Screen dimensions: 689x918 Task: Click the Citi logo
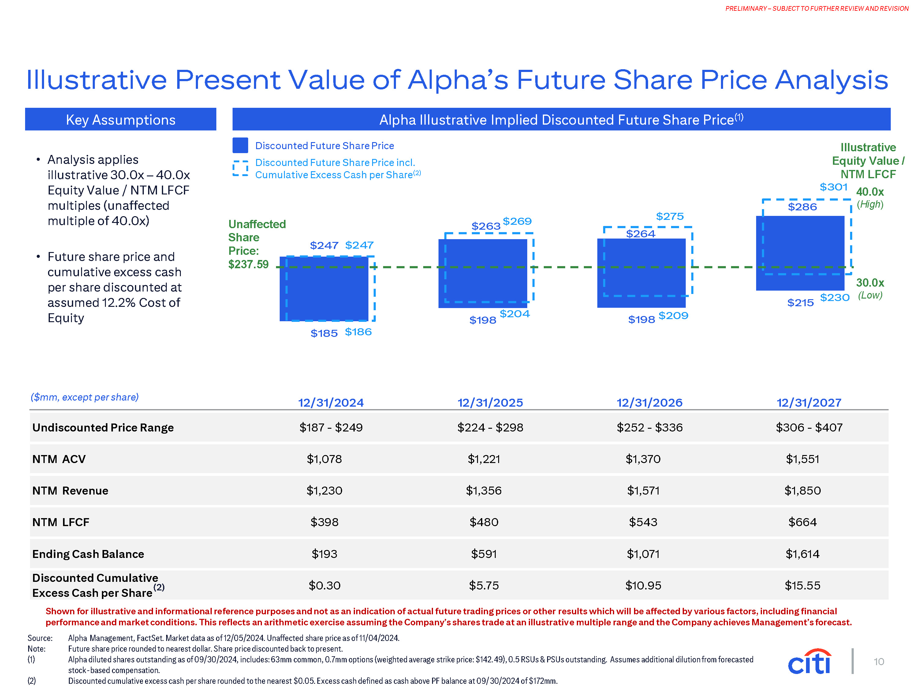coord(809,661)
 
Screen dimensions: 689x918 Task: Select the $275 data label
coord(670,216)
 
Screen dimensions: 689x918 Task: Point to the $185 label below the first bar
coord(324,333)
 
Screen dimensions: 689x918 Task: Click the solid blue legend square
coord(240,145)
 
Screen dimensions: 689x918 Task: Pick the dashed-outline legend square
coord(240,168)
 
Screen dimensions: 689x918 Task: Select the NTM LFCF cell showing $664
coord(802,522)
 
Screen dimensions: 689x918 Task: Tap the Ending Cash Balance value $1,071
coord(643,554)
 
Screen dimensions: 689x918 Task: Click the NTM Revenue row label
coord(70,491)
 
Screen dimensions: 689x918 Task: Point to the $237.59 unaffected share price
coord(248,264)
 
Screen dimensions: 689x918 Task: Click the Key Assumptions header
coord(120,120)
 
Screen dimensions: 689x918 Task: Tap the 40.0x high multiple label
coord(870,192)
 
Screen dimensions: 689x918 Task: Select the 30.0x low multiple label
coord(870,283)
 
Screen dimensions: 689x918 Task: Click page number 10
coord(879,661)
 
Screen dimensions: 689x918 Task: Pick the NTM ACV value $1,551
coord(802,459)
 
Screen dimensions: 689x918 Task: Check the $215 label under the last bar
coord(800,303)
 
